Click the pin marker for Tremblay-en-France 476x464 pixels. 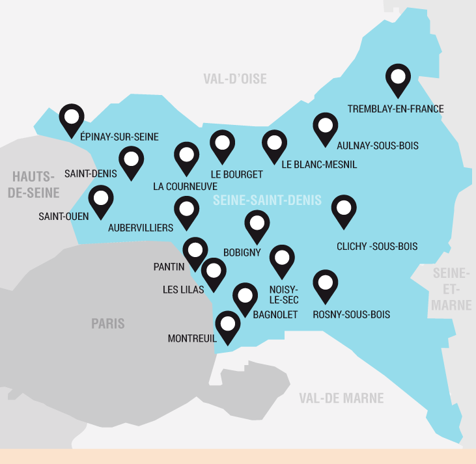398,79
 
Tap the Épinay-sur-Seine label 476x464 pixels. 119,137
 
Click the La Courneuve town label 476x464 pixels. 185,186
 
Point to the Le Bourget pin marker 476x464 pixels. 223,144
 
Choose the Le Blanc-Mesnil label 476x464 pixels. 319,165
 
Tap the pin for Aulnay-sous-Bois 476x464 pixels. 326,128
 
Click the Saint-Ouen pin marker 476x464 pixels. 101,200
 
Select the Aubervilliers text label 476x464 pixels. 141,228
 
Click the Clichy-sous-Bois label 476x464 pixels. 377,247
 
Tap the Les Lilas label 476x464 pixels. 183,289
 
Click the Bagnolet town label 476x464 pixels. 275,315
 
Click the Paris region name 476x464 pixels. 108,323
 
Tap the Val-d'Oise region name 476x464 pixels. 235,79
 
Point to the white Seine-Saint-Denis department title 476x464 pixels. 267,200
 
